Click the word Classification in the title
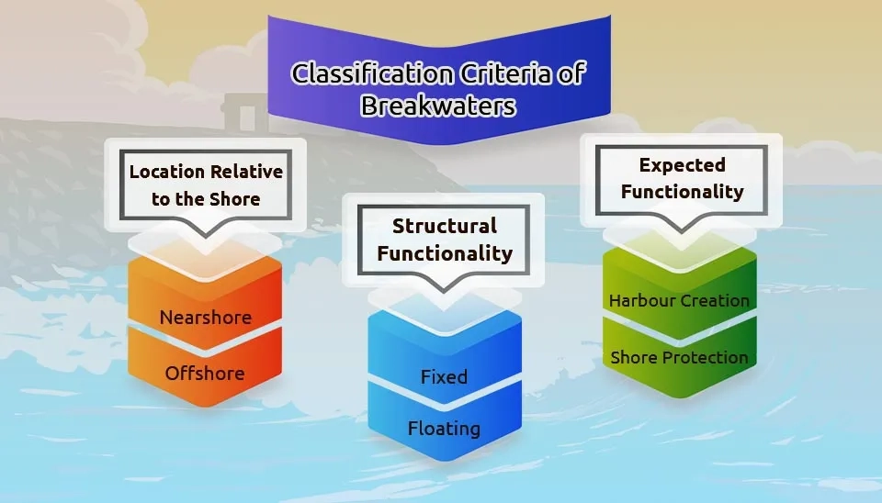coord(372,73)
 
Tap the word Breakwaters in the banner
coord(438,105)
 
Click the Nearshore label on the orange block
coord(205,318)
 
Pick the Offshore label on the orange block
coord(205,374)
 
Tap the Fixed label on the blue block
coord(444,376)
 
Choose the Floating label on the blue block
coord(444,429)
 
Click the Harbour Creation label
coord(679,301)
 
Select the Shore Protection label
coord(679,357)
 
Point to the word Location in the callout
coord(166,172)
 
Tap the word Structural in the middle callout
coord(445,226)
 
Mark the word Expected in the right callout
coord(683,165)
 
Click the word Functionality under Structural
coord(445,253)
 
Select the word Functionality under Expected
coord(683,192)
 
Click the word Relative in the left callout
coord(245,172)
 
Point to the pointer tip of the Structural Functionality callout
coord(443,291)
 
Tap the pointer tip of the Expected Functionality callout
coord(682,230)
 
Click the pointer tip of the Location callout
coord(205,237)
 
